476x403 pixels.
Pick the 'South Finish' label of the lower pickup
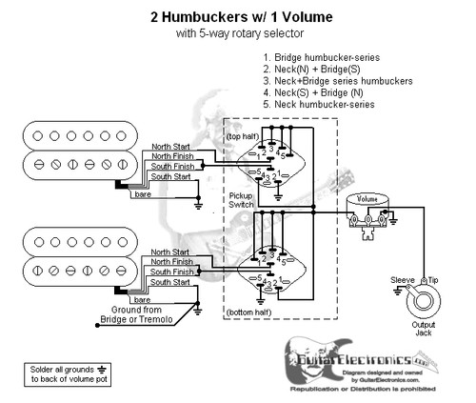coord(170,272)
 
